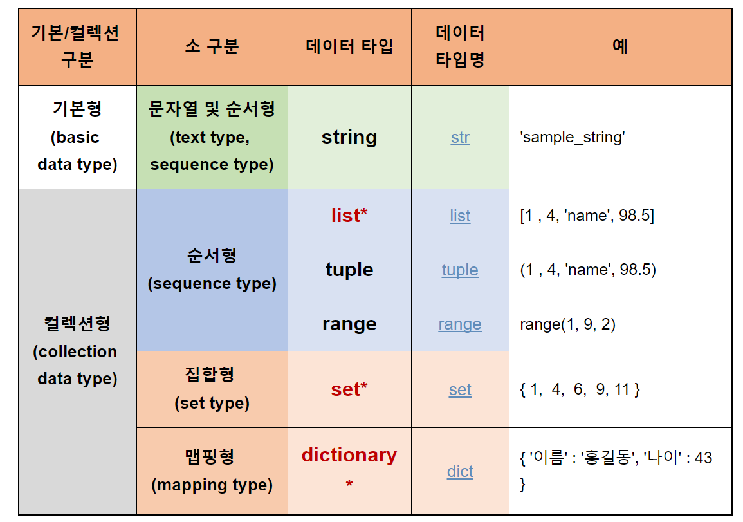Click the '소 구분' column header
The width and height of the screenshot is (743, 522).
212,46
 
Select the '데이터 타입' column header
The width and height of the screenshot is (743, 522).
349,46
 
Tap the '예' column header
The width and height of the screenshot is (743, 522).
619,46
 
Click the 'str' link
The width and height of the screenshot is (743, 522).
460,137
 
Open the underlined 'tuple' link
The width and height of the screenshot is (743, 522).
460,270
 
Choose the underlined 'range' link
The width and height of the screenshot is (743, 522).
460,324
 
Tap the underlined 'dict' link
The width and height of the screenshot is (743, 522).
460,471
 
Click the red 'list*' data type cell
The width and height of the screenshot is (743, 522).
349,216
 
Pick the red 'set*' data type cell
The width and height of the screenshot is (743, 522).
349,389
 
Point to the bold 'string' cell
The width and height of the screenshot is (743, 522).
349,137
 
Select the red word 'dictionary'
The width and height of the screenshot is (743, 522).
349,455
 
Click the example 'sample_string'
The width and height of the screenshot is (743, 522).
572,137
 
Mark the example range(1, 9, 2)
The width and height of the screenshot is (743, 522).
567,324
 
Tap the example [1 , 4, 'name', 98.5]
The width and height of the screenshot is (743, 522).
587,216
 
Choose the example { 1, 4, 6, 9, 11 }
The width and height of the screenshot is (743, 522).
580,389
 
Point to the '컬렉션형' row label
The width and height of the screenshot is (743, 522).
77,323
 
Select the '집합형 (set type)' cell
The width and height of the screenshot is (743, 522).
212,389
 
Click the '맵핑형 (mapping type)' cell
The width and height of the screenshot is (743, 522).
212,471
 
